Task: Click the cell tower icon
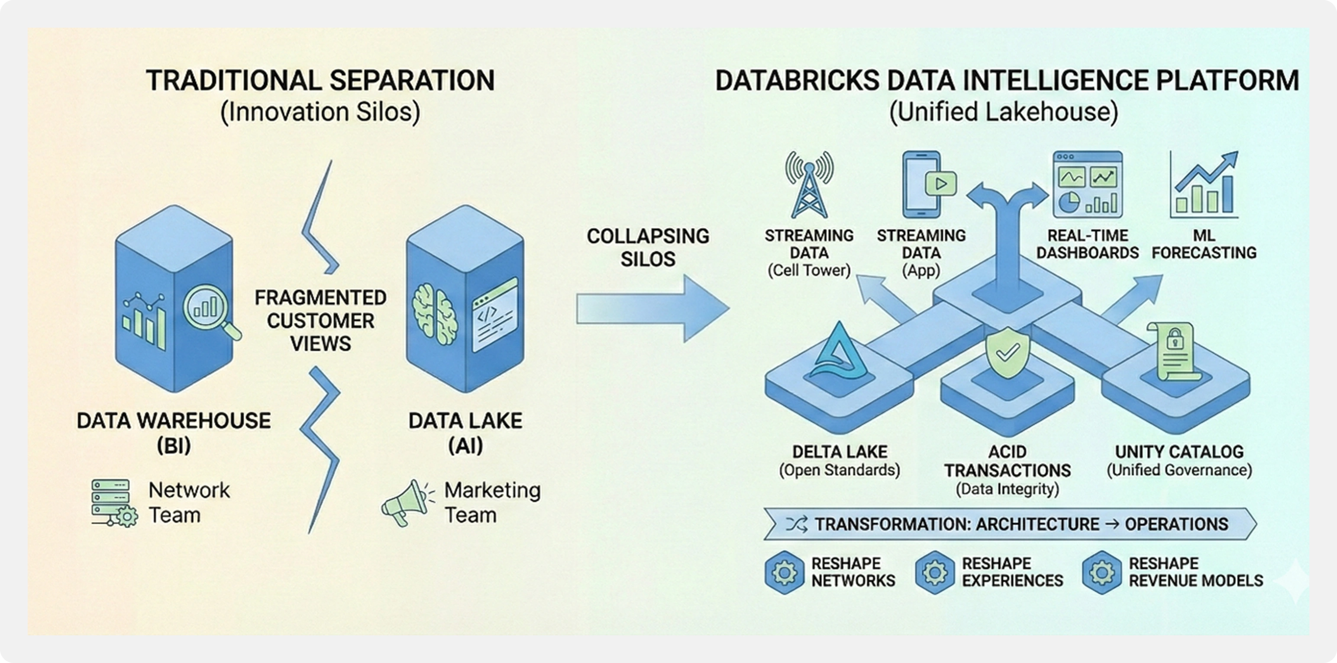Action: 809,185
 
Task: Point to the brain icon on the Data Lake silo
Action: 434,314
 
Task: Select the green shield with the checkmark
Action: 1007,351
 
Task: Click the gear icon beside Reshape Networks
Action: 784,573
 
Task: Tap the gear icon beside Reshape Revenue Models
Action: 1101,573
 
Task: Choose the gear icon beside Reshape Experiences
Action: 934,573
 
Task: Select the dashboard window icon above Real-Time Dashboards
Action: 1087,185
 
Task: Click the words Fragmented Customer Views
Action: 320,321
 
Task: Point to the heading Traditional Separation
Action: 320,81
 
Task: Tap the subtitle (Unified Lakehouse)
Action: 1004,112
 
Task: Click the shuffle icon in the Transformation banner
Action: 796,525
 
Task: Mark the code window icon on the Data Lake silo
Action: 494,315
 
